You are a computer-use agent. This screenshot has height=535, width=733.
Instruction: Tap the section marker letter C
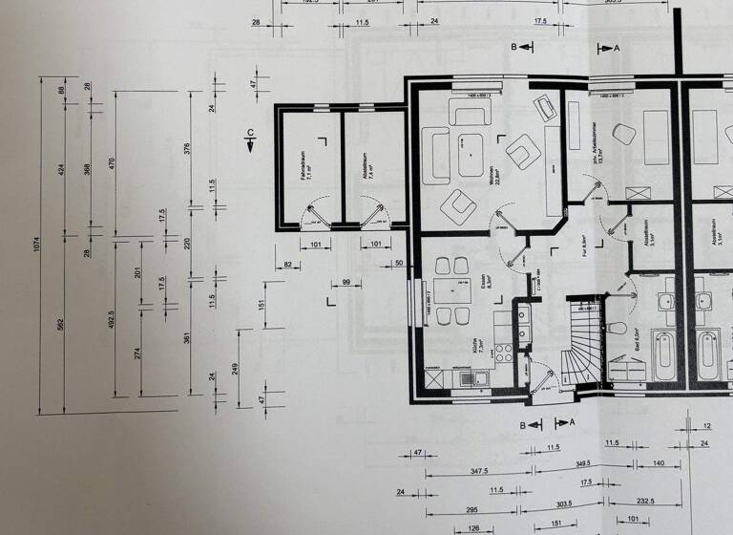250,132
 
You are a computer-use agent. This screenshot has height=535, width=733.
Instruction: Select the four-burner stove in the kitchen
524,332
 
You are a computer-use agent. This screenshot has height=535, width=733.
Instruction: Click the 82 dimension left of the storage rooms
288,263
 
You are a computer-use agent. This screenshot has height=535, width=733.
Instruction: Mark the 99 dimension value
346,283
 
